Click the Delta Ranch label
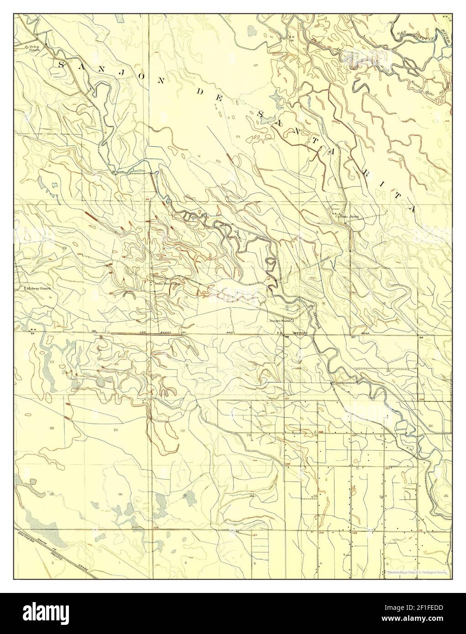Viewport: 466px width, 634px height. point(33,48)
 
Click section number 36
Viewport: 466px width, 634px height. point(120,494)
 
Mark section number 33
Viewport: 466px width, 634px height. point(315,496)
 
